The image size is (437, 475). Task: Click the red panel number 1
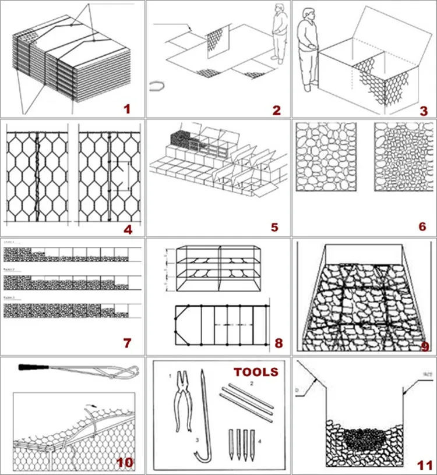tap(126, 108)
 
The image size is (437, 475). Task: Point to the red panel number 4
tap(128, 228)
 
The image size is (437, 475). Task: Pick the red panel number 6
tap(422, 226)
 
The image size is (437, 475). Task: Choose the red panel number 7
tap(128, 343)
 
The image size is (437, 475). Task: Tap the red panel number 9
tap(424, 346)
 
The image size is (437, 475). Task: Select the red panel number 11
tap(424, 464)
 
